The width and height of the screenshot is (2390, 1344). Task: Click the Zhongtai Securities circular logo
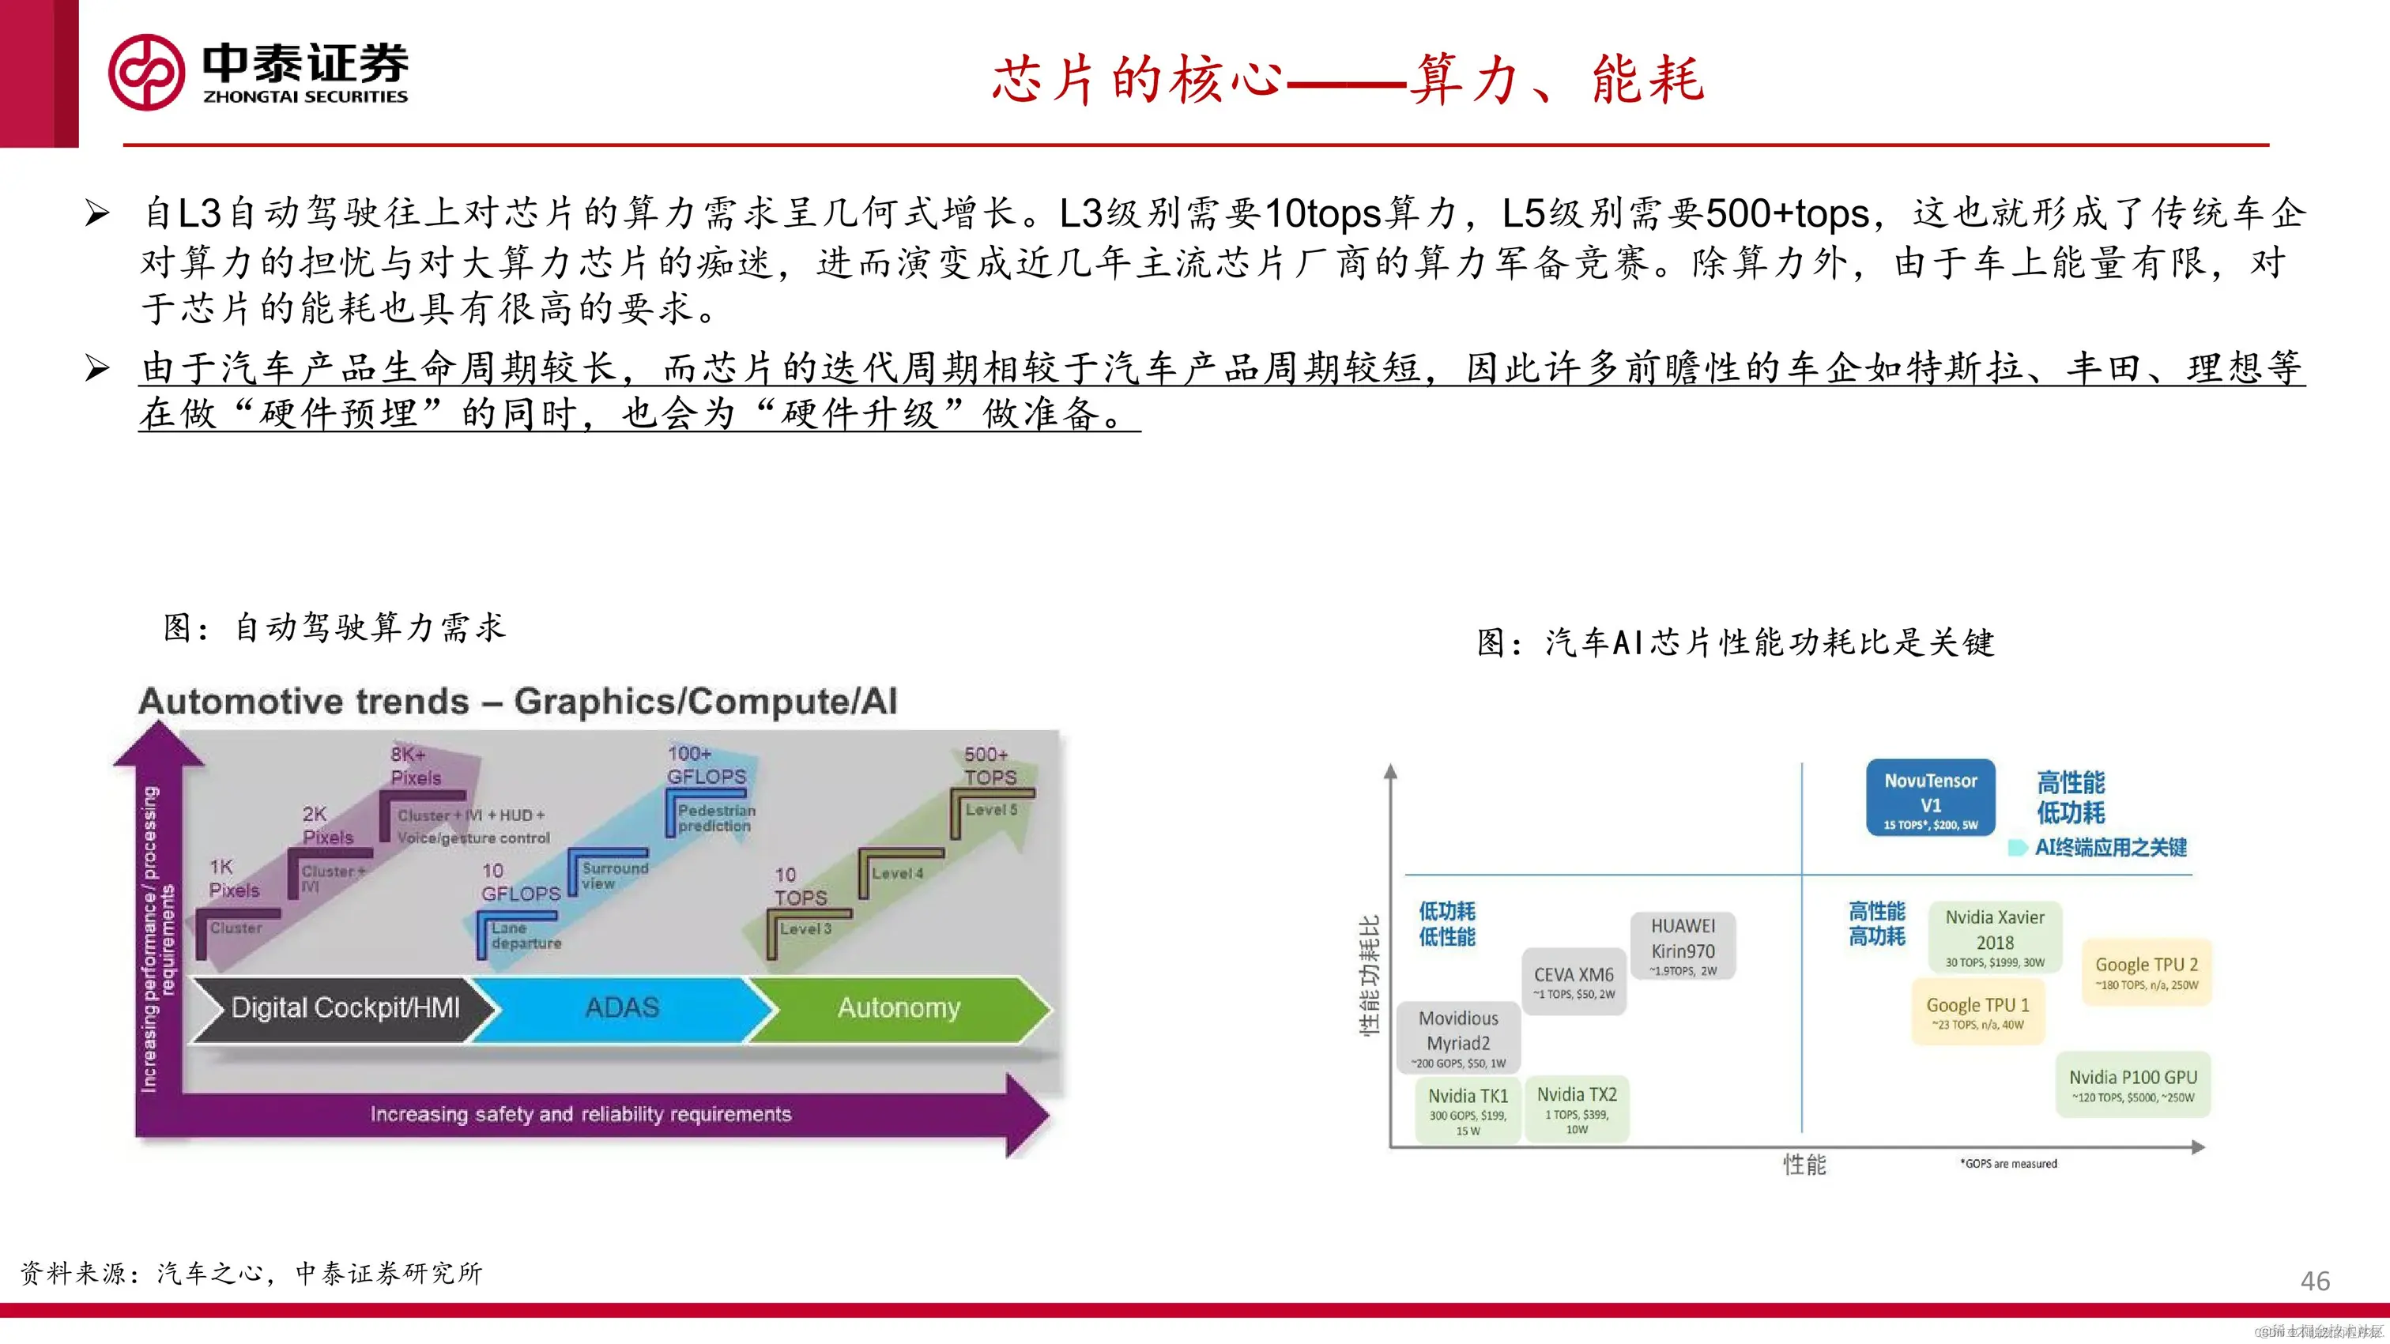tap(146, 73)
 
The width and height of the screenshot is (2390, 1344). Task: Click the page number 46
tap(2315, 1281)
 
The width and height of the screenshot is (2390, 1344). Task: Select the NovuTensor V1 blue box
tap(1930, 798)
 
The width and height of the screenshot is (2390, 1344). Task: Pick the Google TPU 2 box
tap(2146, 972)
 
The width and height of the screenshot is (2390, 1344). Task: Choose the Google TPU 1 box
tap(1978, 1012)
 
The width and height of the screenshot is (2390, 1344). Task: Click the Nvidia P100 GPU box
tap(2132, 1084)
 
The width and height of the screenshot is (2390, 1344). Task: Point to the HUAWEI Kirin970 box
tap(1683, 945)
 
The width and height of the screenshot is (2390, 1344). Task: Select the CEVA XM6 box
tap(1574, 981)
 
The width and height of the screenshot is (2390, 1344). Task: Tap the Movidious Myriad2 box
tap(1458, 1037)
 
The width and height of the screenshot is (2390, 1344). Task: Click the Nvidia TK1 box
tap(1468, 1110)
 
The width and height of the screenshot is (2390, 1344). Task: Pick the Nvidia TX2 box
tap(1576, 1109)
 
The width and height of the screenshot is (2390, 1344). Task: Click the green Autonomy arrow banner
tap(898, 1008)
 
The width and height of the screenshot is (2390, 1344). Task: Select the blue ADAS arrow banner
tap(622, 1008)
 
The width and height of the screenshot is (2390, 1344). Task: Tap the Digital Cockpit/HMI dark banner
tap(343, 1008)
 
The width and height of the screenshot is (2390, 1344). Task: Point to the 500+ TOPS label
tap(989, 766)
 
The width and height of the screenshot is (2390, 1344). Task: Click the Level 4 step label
tap(897, 873)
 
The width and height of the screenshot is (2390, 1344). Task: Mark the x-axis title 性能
tap(1804, 1165)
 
